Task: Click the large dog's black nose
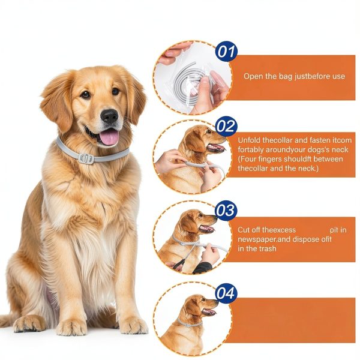click(109, 115)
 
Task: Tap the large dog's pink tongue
click(109, 137)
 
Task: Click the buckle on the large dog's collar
click(86, 158)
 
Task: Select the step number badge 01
click(226, 52)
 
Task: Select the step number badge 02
click(226, 127)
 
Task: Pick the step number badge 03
click(226, 211)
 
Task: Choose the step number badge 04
click(226, 293)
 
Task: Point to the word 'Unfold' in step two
click(250, 140)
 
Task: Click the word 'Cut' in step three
click(244, 230)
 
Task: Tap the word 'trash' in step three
click(266, 248)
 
